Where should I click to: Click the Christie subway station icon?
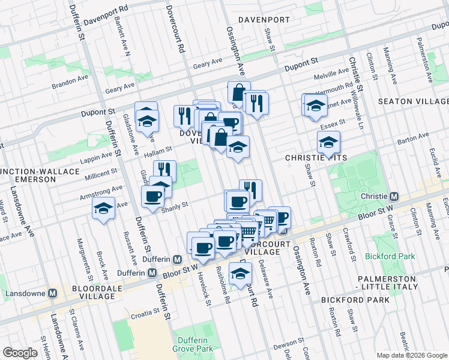coord(394,197)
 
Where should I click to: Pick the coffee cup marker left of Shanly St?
coord(153,196)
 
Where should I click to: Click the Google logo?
coord(20,353)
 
